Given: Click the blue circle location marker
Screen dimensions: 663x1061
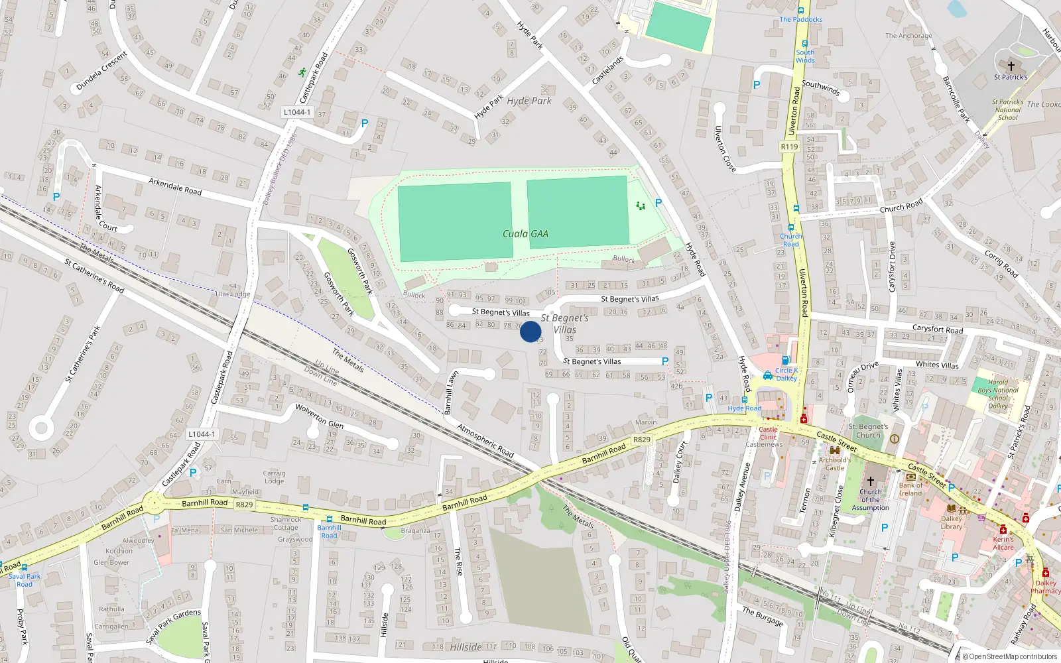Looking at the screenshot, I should point(530,331).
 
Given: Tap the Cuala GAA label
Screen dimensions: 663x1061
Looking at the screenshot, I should point(525,233).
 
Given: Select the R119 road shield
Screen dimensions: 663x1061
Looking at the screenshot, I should point(789,147).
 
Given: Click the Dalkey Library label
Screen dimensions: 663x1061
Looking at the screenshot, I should point(951,522).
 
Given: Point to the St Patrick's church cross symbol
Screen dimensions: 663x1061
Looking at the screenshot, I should point(1011,66).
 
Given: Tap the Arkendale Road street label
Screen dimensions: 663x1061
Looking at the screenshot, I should point(175,186).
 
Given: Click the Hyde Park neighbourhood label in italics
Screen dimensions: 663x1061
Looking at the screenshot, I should point(529,101).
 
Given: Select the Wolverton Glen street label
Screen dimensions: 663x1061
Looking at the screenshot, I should point(320,415).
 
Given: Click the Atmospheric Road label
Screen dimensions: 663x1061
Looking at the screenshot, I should point(485,441).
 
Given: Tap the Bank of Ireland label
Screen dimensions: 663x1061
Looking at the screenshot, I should point(910,489).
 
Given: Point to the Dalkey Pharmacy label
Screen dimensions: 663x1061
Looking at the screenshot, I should point(1045,587).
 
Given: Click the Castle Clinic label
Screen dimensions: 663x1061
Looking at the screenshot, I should point(768,433).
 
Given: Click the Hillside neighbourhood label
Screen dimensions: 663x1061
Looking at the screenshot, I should point(466,647).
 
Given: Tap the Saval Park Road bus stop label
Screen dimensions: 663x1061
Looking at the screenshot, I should point(25,580).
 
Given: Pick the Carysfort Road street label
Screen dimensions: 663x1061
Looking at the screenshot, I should point(937,329).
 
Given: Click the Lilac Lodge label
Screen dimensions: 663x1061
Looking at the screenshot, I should point(233,294).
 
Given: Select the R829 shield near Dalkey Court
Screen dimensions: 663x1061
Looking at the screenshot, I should point(642,440).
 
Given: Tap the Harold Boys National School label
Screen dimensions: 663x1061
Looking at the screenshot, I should point(998,394).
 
